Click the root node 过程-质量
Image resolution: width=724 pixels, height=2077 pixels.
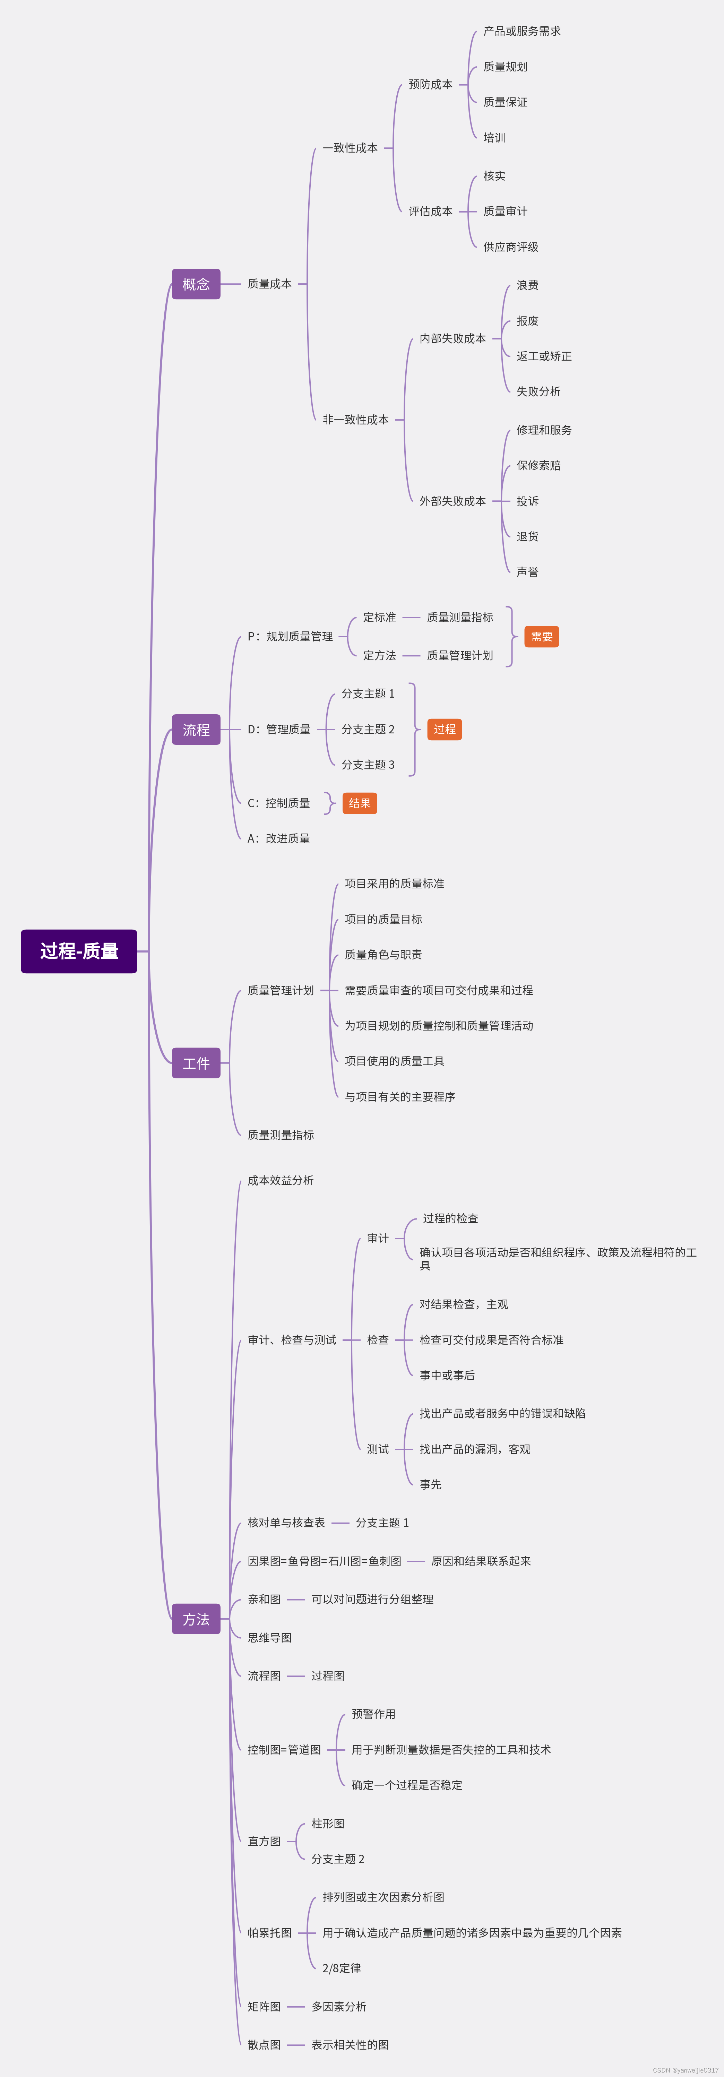[x=79, y=951]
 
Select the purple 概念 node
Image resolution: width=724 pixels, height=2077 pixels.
[x=196, y=284]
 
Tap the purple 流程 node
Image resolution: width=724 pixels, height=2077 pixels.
[x=196, y=730]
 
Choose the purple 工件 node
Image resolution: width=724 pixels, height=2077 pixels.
[x=196, y=1063]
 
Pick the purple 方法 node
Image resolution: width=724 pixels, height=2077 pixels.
[x=196, y=1619]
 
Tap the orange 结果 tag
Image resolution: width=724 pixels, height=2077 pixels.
[x=360, y=803]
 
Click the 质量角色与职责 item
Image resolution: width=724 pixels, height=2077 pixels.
[x=383, y=955]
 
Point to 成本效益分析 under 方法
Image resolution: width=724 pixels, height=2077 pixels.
[x=281, y=1180]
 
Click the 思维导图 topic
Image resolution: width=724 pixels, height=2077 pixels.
[x=269, y=1638]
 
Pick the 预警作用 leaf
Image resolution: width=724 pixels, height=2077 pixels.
[x=373, y=1714]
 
